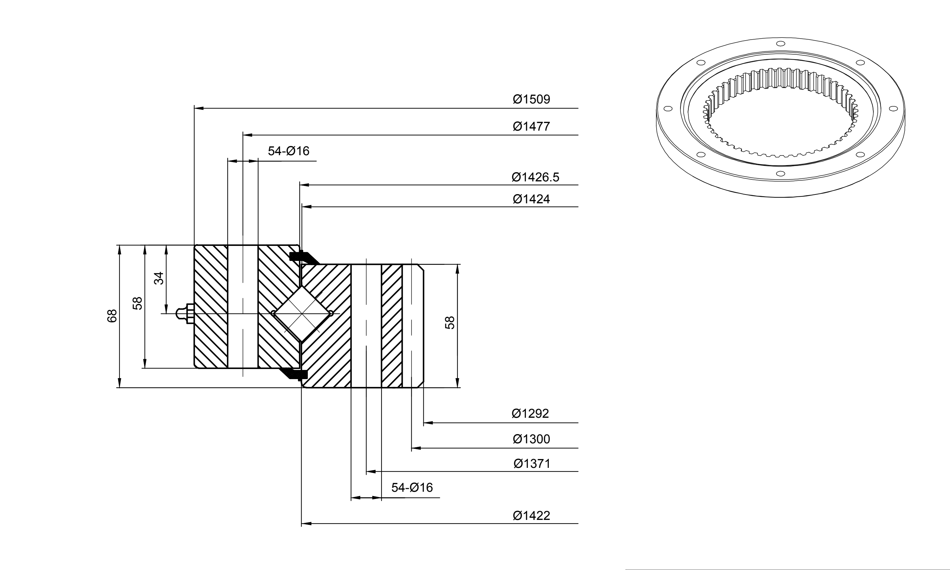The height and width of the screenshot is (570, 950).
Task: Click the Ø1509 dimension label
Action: [x=531, y=99]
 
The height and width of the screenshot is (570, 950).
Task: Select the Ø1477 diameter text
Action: [x=531, y=126]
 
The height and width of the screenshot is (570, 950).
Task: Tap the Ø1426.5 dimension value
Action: [x=535, y=177]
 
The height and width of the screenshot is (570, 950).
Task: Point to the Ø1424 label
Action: [x=531, y=199]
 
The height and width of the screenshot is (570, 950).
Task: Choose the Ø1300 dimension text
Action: [x=531, y=439]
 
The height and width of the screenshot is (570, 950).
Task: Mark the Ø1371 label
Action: [x=532, y=464]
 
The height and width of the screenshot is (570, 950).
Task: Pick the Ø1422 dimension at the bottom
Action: [x=531, y=515]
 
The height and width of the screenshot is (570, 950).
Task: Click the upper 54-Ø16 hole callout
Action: [x=289, y=151]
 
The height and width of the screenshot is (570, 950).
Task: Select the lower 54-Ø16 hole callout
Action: [x=412, y=487]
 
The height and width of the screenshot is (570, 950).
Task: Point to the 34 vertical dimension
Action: [x=158, y=278]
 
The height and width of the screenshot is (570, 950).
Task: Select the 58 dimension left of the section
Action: [x=137, y=303]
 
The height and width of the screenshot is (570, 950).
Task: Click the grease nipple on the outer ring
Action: [x=185, y=314]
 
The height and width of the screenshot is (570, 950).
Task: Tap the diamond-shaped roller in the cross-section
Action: [x=302, y=314]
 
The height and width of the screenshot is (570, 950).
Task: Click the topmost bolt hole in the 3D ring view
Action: [x=780, y=44]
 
